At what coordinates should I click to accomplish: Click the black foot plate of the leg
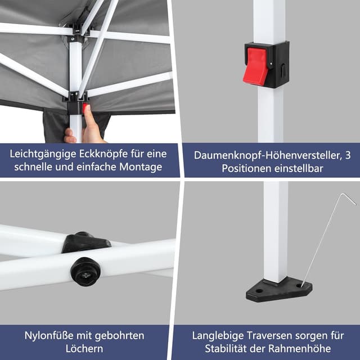pos(278,290)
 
